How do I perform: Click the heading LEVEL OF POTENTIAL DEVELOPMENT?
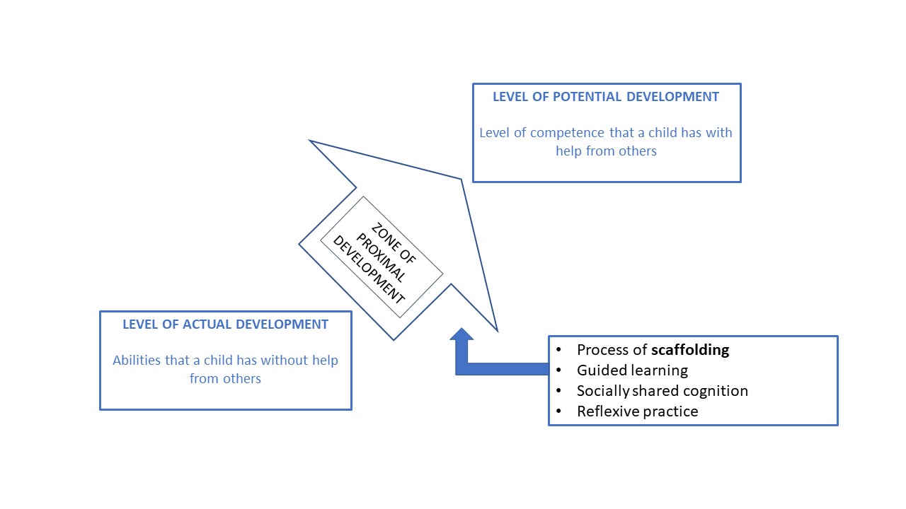606,97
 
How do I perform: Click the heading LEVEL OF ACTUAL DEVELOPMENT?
225,324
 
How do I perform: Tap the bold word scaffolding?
690,350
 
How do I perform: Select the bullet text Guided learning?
632,370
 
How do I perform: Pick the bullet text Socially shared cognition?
662,391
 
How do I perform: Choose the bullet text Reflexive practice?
637,411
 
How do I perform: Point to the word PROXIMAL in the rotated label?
382,257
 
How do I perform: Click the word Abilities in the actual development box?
137,361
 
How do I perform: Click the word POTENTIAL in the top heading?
585,97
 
